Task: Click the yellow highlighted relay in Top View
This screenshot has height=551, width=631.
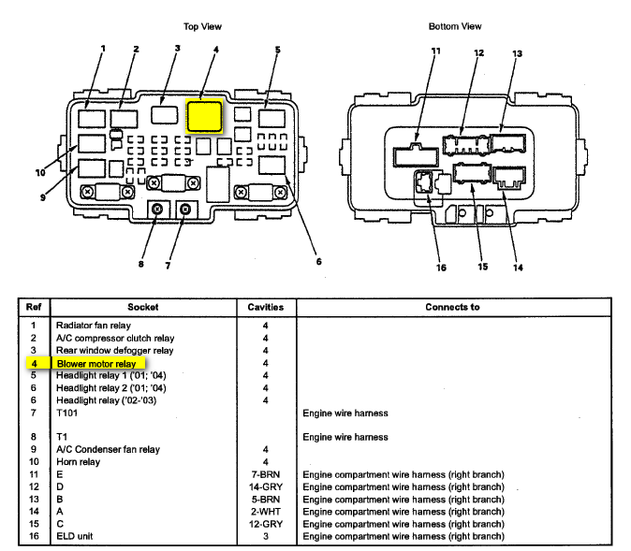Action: (204, 115)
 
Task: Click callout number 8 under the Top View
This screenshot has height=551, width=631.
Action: (141, 264)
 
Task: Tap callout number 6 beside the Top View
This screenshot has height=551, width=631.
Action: (318, 262)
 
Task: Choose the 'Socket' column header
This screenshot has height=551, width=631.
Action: (143, 307)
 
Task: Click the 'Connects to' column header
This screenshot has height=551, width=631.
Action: (452, 307)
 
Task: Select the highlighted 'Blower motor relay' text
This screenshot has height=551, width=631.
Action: (95, 363)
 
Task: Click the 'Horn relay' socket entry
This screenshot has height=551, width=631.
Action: (80, 461)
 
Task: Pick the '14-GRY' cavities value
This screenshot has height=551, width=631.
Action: (265, 486)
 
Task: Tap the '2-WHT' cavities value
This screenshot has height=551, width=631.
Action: (265, 512)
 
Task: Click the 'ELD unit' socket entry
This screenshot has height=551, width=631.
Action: (76, 536)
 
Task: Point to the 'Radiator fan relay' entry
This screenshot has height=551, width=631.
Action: (95, 325)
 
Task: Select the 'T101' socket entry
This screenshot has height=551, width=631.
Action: (68, 412)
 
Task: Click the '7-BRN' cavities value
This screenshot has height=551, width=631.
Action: (265, 474)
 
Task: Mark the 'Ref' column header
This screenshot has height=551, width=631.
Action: (33, 307)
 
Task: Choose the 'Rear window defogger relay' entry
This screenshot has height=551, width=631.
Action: (114, 350)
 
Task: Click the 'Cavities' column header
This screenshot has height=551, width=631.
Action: (265, 307)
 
